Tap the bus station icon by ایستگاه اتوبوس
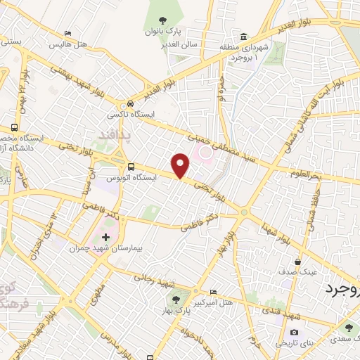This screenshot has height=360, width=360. [x=131, y=167]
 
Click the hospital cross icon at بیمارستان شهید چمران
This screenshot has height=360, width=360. [x=106, y=236]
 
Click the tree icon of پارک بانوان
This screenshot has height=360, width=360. [x=162, y=20]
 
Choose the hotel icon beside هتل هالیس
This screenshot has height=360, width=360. [x=67, y=33]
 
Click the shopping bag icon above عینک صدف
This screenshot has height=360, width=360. [x=298, y=262]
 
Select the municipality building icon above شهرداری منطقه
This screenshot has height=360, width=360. [x=243, y=37]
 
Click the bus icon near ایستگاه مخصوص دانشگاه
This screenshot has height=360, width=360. [x=16, y=129]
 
